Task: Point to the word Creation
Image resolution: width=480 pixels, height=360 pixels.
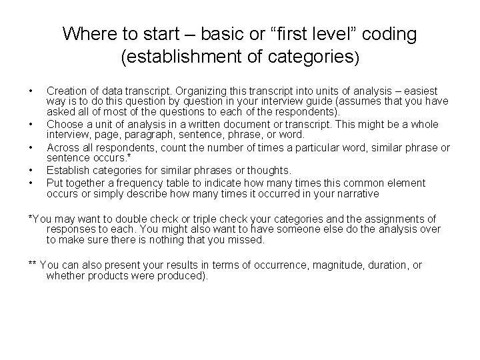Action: [66, 91]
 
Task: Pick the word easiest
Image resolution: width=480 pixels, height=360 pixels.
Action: [418, 91]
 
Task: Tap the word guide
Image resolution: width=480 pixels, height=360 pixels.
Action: [318, 102]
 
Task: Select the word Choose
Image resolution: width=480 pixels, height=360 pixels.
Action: [65, 125]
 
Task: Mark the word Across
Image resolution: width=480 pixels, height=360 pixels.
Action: [63, 147]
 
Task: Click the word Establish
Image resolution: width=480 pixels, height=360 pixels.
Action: [68, 171]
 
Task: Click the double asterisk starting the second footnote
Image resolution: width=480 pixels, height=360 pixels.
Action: [33, 265]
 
